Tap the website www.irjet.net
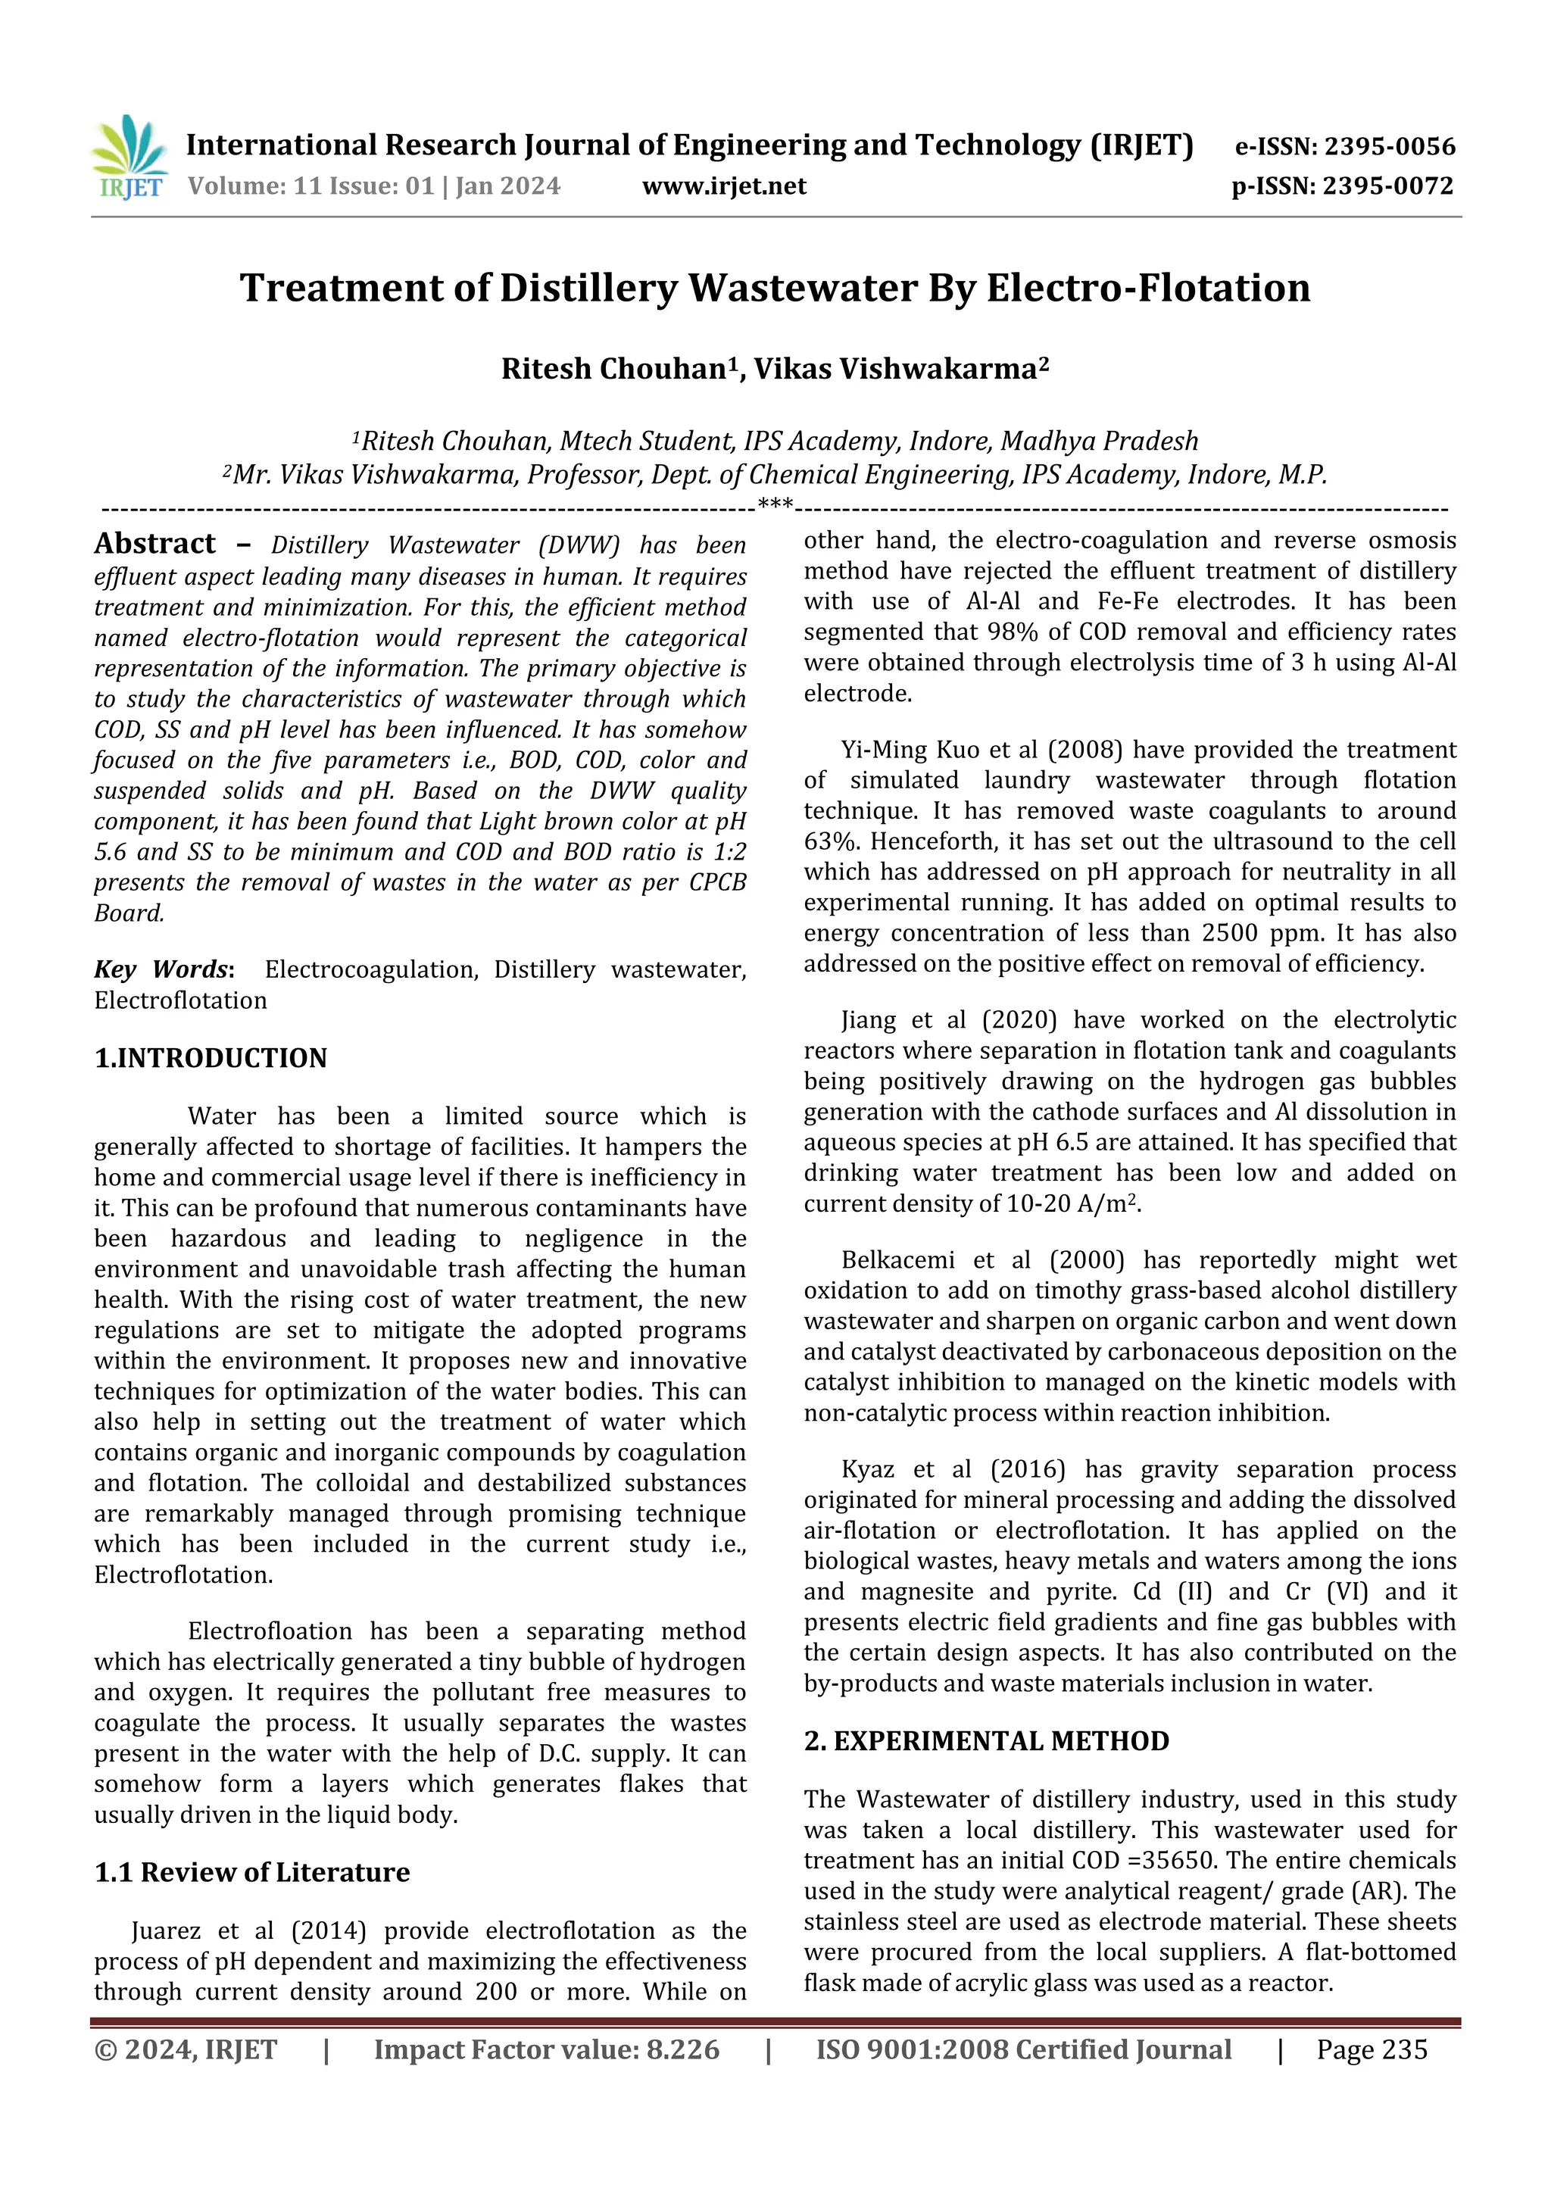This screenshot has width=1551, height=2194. coord(723,186)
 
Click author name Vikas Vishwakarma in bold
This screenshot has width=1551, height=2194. coord(900,369)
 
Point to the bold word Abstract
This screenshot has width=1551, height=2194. coord(154,544)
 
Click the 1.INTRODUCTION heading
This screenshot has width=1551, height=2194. coord(211,1058)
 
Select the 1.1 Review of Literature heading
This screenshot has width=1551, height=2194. coord(251,1872)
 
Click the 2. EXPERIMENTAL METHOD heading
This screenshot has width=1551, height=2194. coord(985,1741)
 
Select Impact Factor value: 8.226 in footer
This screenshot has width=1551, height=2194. coord(546,2049)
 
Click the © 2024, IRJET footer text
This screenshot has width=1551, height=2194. coord(186,2049)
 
